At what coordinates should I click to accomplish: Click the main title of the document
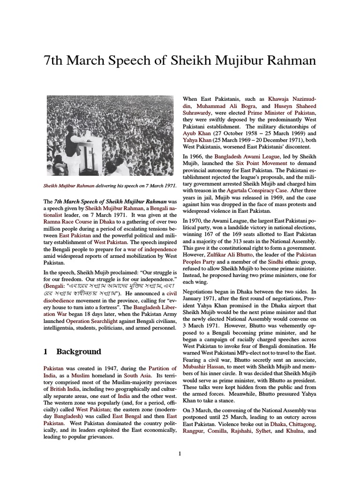(180, 61)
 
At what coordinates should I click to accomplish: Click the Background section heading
(78, 351)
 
